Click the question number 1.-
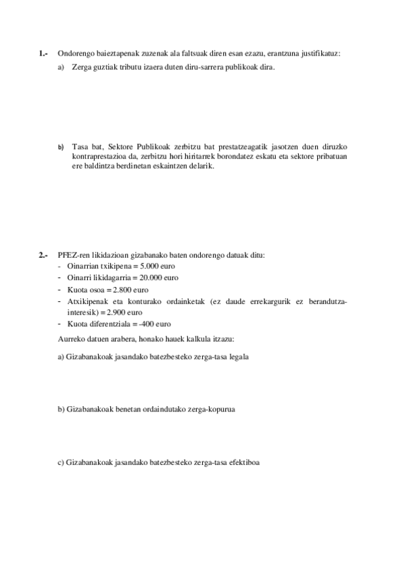click(x=43, y=53)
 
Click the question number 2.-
click(x=43, y=255)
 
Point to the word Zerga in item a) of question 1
click(x=81, y=67)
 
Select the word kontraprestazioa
click(x=98, y=156)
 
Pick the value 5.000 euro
click(x=148, y=266)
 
